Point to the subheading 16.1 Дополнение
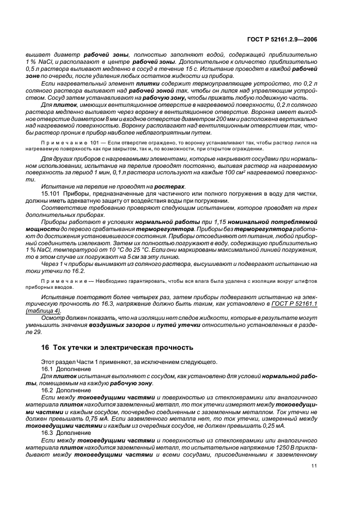tap(63, 368)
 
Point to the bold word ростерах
tap(169, 187)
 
